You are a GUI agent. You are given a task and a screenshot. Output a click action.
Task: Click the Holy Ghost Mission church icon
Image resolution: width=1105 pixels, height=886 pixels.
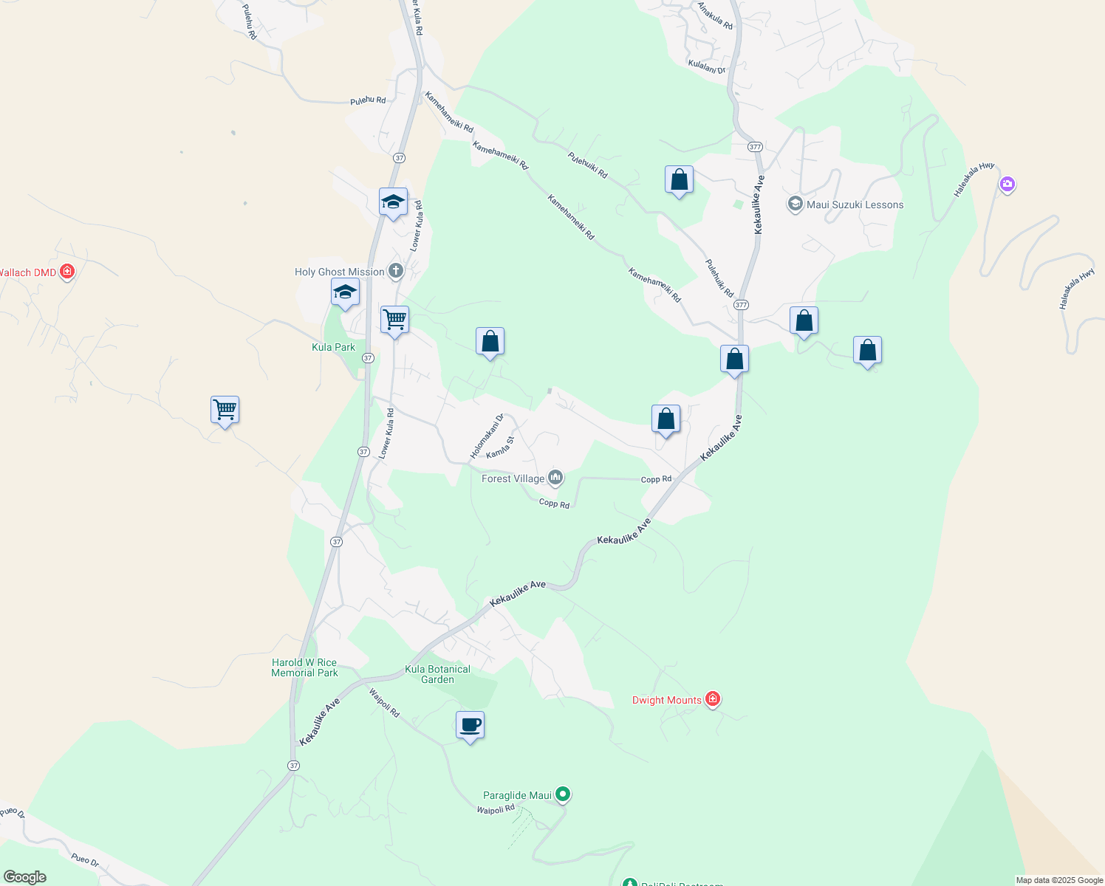point(396,271)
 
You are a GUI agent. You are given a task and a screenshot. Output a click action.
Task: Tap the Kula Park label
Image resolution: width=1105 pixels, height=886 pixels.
point(333,347)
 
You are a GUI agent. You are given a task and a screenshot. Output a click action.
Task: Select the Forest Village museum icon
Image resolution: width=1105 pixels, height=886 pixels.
point(555,478)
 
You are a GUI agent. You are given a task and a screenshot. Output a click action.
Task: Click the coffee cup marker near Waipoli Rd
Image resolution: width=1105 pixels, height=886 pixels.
point(470,726)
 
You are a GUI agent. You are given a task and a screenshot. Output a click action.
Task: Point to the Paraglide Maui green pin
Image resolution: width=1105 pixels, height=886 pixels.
point(563,794)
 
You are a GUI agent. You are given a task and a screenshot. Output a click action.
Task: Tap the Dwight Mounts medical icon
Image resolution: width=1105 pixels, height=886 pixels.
point(712,699)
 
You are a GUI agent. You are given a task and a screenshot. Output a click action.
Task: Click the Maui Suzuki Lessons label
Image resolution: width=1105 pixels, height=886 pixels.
point(855,205)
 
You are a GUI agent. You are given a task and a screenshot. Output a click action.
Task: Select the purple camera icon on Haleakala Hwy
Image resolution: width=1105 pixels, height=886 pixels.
point(1007,184)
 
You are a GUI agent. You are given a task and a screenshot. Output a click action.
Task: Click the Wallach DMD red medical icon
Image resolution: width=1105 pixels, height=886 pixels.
point(67,272)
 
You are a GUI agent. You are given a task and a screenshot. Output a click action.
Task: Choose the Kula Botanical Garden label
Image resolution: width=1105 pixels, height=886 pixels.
point(437,674)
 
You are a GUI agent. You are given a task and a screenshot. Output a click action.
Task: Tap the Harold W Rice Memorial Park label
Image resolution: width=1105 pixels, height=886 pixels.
point(304,667)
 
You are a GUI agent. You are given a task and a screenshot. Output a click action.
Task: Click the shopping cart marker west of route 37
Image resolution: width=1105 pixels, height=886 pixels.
point(225,410)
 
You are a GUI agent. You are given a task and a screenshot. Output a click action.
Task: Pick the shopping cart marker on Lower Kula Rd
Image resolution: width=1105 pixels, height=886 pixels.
point(394,320)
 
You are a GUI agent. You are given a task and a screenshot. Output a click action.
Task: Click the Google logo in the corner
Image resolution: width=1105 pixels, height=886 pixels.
point(24,877)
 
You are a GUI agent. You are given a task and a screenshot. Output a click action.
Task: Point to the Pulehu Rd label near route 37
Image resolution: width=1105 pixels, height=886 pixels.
point(368,100)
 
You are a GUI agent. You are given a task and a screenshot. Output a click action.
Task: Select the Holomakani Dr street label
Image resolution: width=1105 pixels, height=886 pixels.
point(487,436)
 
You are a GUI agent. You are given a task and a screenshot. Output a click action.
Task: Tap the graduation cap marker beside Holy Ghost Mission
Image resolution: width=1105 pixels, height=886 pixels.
point(345,292)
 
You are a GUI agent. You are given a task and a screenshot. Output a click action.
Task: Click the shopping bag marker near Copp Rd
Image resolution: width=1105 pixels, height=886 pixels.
point(666,419)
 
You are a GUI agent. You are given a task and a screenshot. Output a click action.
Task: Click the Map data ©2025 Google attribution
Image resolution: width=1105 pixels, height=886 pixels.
point(1059,880)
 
